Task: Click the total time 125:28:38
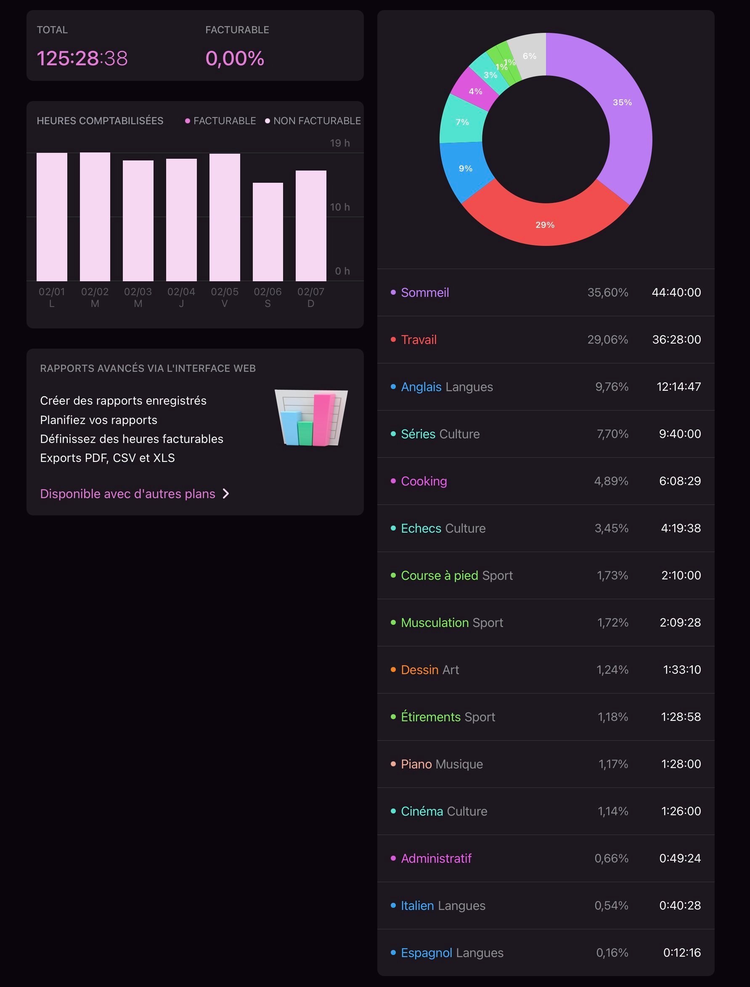coord(82,58)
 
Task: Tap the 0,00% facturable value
coord(235,58)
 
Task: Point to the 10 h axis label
coord(340,207)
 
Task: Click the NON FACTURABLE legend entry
coord(313,121)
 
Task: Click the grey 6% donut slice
coord(530,56)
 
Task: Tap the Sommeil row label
coord(424,293)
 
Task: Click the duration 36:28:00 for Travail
coord(676,339)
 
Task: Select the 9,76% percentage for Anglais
coord(612,387)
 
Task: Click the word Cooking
coord(424,481)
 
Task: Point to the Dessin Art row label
coord(429,670)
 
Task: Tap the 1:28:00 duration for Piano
coord(681,764)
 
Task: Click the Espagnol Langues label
coord(452,953)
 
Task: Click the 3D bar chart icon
coord(311,418)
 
